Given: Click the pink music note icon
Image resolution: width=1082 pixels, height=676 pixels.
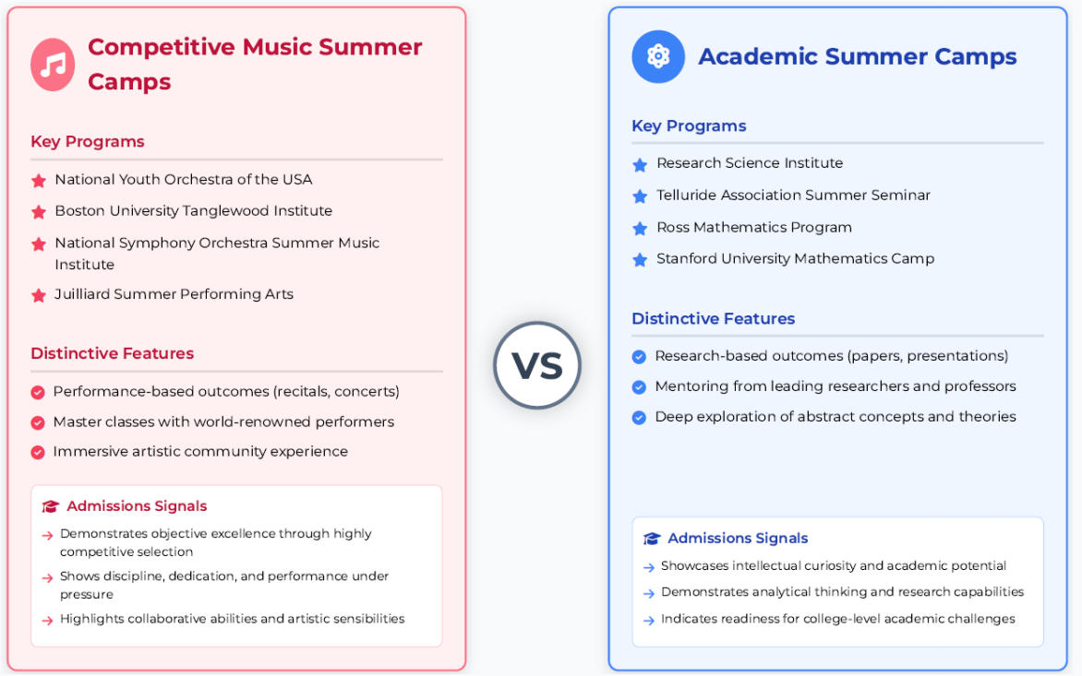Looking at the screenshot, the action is [53, 65].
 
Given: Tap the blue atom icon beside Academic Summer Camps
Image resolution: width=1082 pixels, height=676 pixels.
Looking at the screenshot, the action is [658, 56].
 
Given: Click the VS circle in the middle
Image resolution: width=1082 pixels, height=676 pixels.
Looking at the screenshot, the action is [537, 365].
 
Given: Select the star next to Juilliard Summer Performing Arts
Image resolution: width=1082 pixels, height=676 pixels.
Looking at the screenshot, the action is [39, 296].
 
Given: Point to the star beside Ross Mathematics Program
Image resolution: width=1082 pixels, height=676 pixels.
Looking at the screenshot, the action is [640, 228].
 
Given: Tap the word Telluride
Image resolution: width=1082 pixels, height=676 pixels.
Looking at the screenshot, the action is [687, 195].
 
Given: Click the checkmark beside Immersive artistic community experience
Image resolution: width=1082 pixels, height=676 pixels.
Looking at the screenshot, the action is [38, 452].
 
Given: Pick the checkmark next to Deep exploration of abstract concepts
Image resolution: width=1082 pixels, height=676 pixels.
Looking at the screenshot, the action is [639, 417].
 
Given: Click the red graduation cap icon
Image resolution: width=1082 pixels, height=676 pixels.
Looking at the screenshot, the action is [51, 506].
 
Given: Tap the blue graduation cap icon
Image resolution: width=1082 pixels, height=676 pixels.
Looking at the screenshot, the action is [652, 539].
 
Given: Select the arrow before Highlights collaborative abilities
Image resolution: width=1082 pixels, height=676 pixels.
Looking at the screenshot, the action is [47, 620].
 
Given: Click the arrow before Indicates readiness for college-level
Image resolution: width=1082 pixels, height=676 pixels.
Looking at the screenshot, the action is [649, 620].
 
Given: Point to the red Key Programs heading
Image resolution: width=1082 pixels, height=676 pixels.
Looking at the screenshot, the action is [88, 141].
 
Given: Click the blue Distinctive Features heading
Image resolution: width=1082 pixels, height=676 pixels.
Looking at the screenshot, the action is [714, 318].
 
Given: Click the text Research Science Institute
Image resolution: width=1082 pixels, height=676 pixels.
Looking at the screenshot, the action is [750, 163].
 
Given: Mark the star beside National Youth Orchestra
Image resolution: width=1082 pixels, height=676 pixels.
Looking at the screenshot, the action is [39, 181].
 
